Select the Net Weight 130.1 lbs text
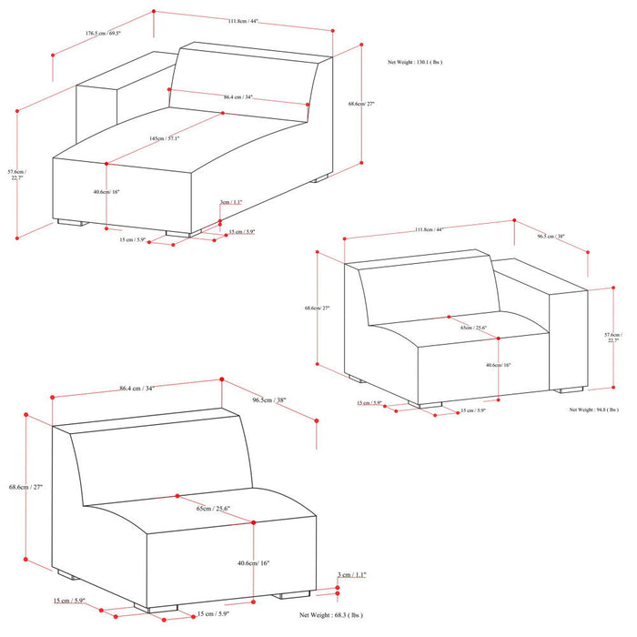click(x=416, y=63)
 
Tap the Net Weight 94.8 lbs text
click(x=597, y=409)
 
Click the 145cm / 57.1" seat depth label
click(x=165, y=138)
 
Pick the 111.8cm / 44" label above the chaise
click(x=243, y=22)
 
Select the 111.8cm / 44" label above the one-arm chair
click(x=423, y=229)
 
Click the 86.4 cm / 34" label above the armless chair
click(x=136, y=389)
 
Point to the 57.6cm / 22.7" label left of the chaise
click(x=16, y=175)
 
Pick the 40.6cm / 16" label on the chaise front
click(x=106, y=192)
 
